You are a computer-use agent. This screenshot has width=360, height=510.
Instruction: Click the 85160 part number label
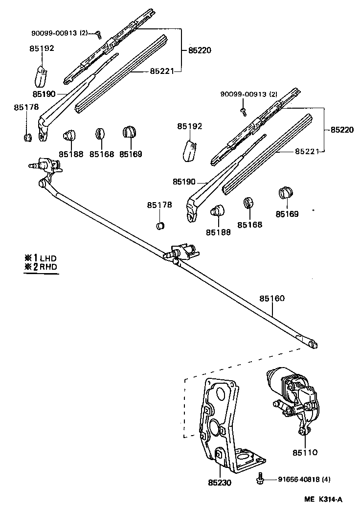click(272, 299)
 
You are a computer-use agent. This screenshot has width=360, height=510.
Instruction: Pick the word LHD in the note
click(48, 258)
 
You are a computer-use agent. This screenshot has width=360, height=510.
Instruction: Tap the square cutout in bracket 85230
click(219, 455)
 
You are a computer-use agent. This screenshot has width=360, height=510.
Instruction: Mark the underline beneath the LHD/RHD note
click(41, 274)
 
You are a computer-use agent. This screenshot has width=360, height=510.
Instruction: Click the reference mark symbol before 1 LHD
click(27, 258)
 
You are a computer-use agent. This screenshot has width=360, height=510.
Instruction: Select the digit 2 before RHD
click(36, 267)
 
